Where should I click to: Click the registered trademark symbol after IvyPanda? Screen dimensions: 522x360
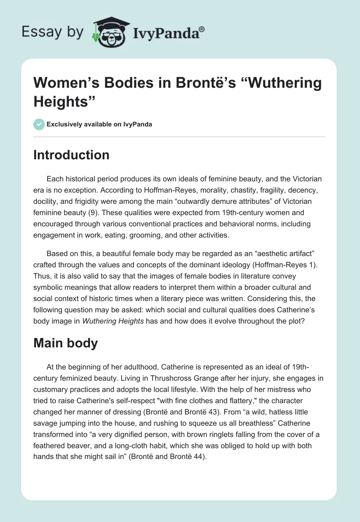[x=202, y=29]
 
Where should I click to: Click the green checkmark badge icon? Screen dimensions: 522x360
[x=40, y=124]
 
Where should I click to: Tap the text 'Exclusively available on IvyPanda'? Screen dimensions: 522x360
[x=99, y=124]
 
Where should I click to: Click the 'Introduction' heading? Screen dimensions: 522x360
[x=72, y=155]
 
